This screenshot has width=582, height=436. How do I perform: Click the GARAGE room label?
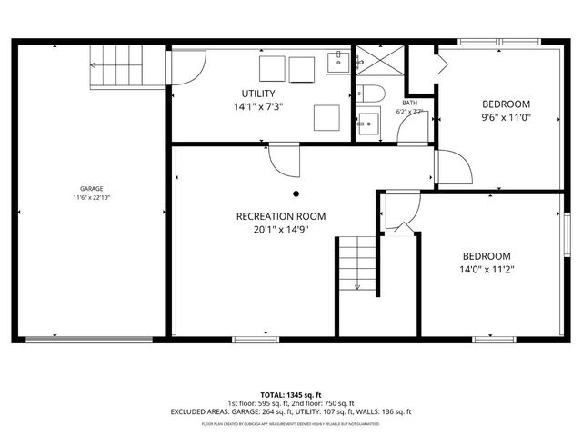click(90, 188)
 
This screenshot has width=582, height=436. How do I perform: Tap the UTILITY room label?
click(258, 94)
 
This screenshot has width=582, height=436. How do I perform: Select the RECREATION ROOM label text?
click(280, 216)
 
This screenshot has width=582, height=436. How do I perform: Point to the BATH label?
click(410, 103)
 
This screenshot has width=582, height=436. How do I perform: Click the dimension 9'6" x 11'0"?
click(506, 117)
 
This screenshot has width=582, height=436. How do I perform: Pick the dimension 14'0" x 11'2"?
click(487, 269)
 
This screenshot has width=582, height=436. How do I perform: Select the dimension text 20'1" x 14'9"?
click(280, 230)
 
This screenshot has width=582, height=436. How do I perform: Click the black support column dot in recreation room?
click(296, 193)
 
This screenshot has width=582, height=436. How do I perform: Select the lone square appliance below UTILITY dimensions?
click(326, 117)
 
